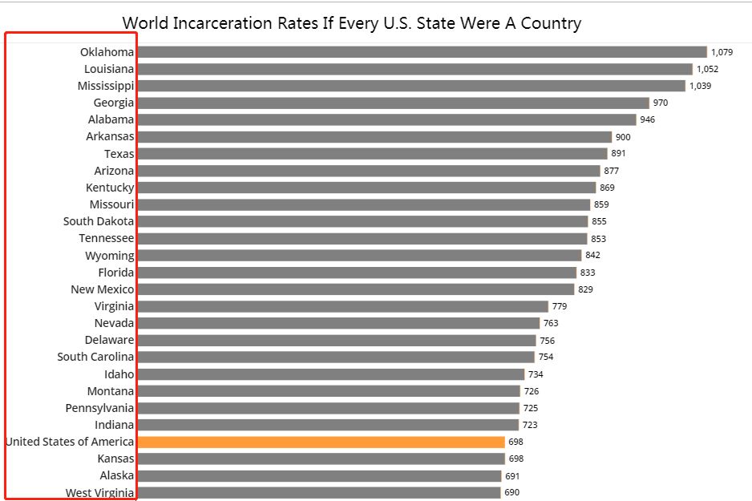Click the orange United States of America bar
click(321, 442)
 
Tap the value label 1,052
click(707, 69)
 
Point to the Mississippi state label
click(106, 86)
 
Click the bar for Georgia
click(393, 103)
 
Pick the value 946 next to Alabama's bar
click(647, 119)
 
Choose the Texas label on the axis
click(119, 154)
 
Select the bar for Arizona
click(369, 171)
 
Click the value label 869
click(607, 188)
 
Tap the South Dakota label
click(99, 221)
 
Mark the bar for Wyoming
click(359, 255)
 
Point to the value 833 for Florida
click(588, 273)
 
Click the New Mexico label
click(103, 289)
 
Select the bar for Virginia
click(342, 306)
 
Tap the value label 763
click(551, 323)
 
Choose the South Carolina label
click(95, 357)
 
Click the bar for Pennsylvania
click(329, 408)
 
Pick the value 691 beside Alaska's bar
click(512, 475)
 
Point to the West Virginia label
click(99, 492)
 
